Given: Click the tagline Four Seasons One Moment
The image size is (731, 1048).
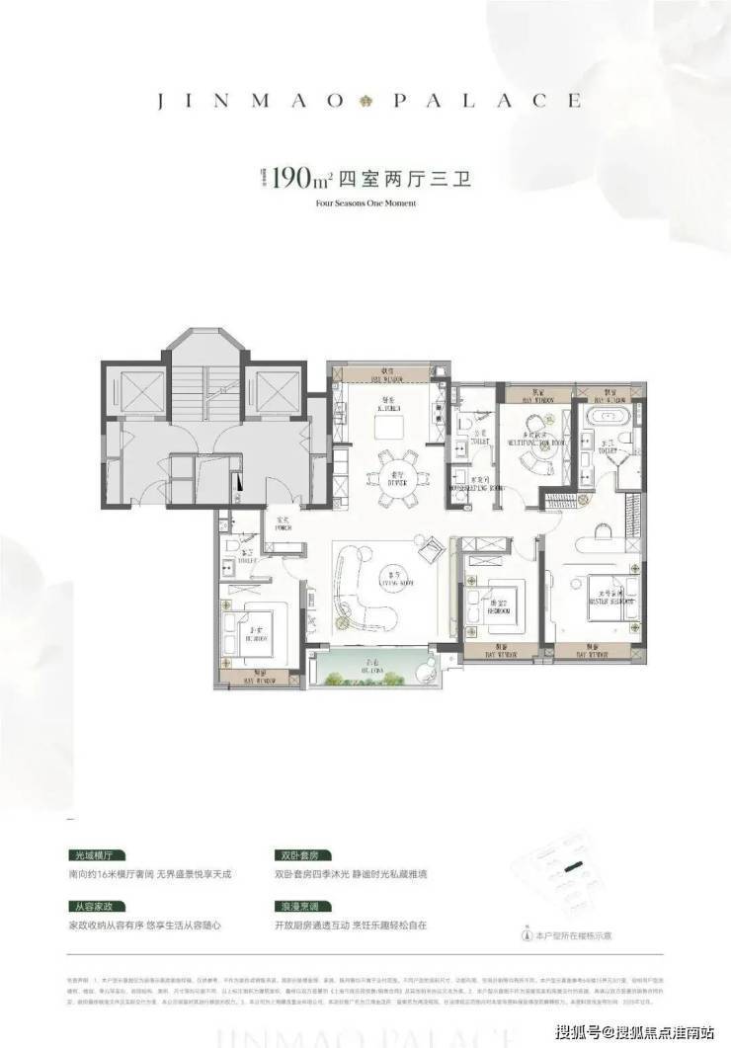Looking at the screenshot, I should (365, 204).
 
